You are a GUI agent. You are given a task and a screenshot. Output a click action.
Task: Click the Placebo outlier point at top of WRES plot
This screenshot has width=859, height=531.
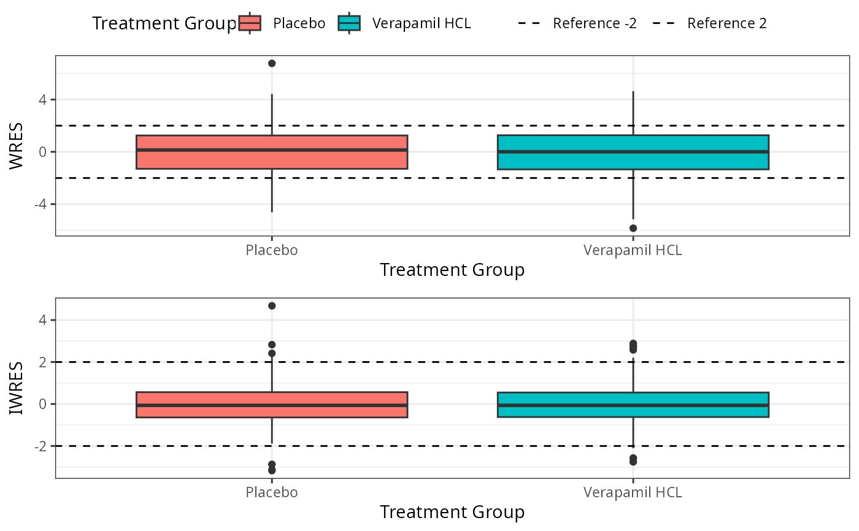tap(272, 63)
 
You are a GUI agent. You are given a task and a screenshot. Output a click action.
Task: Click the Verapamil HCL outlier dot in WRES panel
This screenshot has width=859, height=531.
tap(633, 228)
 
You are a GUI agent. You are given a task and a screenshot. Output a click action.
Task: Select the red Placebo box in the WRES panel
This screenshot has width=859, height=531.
tap(272, 152)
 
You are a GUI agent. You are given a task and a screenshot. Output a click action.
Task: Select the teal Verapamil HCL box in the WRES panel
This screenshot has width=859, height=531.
tap(633, 152)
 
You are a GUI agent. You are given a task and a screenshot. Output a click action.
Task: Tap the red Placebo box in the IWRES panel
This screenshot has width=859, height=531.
tap(272, 405)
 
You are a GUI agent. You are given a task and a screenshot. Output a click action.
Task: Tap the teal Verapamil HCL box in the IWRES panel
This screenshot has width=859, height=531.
tap(633, 405)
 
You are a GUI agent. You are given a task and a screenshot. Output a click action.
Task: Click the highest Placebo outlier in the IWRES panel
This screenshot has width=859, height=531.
tap(272, 306)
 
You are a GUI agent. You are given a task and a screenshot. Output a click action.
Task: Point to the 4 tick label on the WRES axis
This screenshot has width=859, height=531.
tap(42, 100)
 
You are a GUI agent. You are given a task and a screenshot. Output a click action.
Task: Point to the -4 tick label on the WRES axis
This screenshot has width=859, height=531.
tap(40, 204)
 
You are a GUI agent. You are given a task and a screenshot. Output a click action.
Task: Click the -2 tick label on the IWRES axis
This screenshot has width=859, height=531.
tap(40, 446)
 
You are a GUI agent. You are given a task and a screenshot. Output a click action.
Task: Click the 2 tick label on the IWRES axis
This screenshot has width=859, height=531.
tap(42, 362)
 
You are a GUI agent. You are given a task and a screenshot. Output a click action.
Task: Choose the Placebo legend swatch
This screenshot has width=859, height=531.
tap(250, 23)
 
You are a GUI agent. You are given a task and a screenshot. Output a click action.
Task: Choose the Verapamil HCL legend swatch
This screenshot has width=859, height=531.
tap(349, 23)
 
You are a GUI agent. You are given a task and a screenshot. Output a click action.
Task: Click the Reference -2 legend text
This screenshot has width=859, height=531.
tap(595, 23)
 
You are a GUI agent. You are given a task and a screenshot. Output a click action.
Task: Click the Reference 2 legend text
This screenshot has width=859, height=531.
tap(727, 23)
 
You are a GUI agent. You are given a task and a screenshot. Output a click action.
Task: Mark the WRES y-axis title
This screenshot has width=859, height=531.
tap(16, 146)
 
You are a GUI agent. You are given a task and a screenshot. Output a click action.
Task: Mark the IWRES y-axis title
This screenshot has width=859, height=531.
tap(16, 388)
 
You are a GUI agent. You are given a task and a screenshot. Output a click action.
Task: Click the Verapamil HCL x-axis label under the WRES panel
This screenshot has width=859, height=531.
tap(633, 250)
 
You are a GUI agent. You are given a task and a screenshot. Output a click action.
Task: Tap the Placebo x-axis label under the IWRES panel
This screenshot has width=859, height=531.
tap(271, 492)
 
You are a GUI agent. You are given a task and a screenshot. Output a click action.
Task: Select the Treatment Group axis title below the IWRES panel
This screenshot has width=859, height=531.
tap(452, 512)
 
